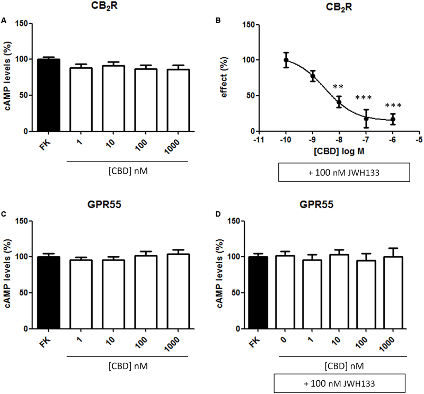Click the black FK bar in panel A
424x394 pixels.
point(48,95)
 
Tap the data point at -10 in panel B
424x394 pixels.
point(286,60)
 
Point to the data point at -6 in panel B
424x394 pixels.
point(393,119)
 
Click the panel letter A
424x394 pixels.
point(4,21)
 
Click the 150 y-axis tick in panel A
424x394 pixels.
point(23,24)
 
